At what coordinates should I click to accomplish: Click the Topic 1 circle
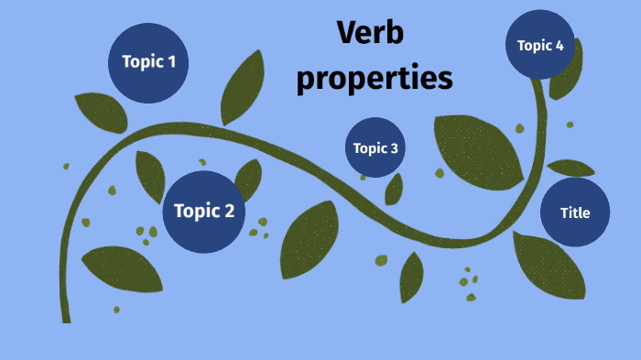[149, 62]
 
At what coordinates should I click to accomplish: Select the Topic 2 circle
[204, 212]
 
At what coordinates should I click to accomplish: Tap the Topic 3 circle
[375, 148]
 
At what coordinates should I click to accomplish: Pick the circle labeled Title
[575, 213]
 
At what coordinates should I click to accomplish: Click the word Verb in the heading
[371, 35]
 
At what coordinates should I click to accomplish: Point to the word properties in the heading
[375, 79]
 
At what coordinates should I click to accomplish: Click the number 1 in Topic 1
[171, 62]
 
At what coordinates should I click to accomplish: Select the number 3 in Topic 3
[394, 148]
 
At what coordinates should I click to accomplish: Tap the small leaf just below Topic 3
[394, 189]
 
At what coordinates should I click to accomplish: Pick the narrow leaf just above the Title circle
[570, 168]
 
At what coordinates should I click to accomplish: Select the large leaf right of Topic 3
[476, 147]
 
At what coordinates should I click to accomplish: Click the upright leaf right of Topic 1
[243, 87]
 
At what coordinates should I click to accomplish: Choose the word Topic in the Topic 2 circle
[194, 212]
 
